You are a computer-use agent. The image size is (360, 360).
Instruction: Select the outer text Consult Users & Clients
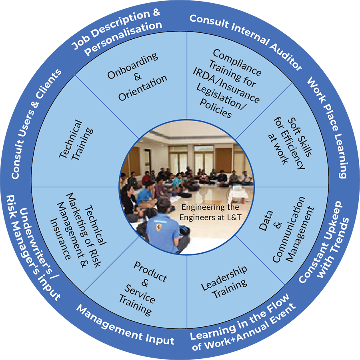[36, 124]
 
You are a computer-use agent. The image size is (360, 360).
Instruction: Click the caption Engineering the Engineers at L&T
[210, 212]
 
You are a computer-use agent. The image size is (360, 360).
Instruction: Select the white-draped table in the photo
[240, 194]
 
